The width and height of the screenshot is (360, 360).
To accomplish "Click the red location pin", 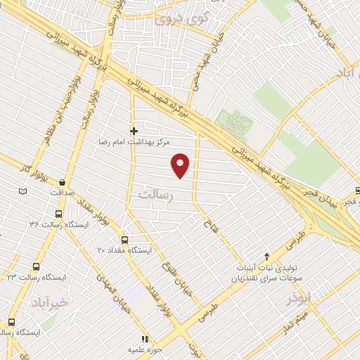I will click(x=181, y=165).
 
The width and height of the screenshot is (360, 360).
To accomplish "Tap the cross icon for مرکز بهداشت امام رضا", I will click(x=134, y=130).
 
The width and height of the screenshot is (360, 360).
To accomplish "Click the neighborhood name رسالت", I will click(x=155, y=195).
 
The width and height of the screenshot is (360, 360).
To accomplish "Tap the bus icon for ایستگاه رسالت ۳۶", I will click(x=58, y=214).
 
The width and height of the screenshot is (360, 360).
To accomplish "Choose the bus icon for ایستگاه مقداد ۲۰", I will click(x=124, y=239).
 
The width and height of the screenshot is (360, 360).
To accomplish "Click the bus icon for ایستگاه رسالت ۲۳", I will click(x=37, y=267).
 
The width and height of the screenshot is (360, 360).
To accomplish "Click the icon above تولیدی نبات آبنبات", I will click(x=266, y=257).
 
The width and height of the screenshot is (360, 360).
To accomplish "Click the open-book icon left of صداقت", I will click(x=23, y=191).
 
